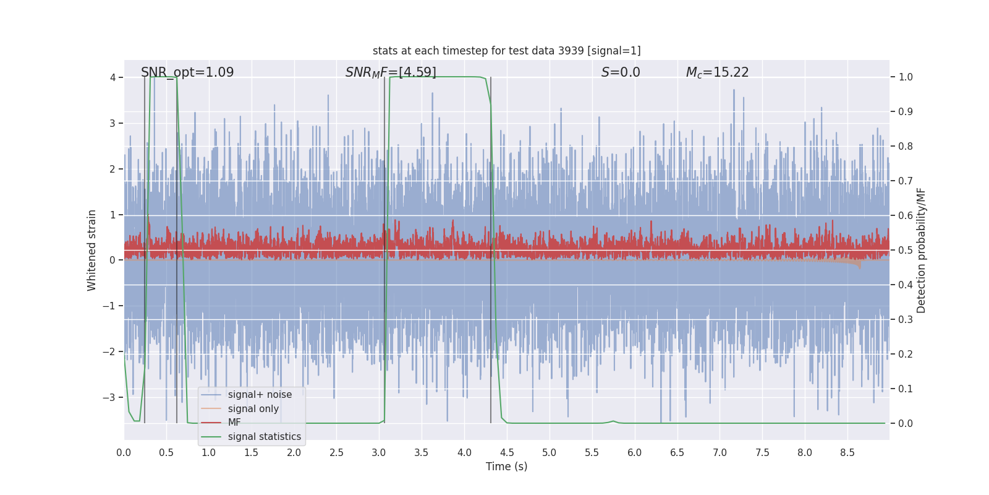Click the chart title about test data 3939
pyautogui.click(x=506, y=51)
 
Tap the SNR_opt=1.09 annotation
pyautogui.click(x=187, y=72)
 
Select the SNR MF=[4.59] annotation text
pyautogui.click(x=391, y=72)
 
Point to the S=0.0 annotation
pyautogui.click(x=621, y=72)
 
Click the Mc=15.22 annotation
pyautogui.click(x=717, y=72)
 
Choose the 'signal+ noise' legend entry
pyautogui.click(x=260, y=395)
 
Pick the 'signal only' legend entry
pyautogui.click(x=253, y=409)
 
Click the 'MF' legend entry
pyautogui.click(x=234, y=423)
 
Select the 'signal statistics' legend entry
pyautogui.click(x=264, y=437)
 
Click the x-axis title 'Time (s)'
pyautogui.click(x=506, y=467)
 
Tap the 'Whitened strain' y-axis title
pyautogui.click(x=92, y=250)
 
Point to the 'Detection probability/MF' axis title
pyautogui.click(x=921, y=250)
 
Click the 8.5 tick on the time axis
pyautogui.click(x=847, y=453)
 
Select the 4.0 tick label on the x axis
pyautogui.click(x=464, y=453)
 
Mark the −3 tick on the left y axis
pyautogui.click(x=109, y=397)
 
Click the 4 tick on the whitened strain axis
pyautogui.click(x=113, y=77)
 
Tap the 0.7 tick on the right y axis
pyautogui.click(x=906, y=181)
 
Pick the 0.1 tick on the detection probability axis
pyautogui.click(x=906, y=389)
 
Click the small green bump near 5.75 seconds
pyautogui.click(x=613, y=421)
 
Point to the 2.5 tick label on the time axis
pyautogui.click(x=336, y=453)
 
